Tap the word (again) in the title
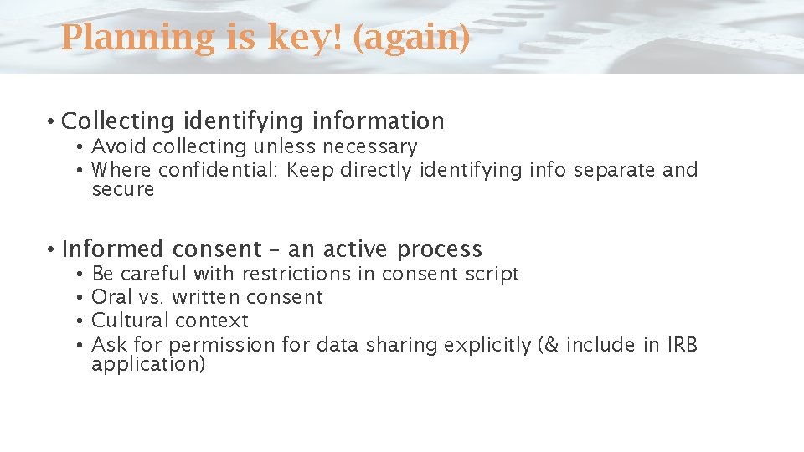pyautogui.click(x=411, y=38)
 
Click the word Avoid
pyautogui.click(x=112, y=147)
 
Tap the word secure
pyautogui.click(x=123, y=189)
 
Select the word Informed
pyautogui.click(x=112, y=249)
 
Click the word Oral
pyautogui.click(x=110, y=297)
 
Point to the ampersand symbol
pyautogui.click(x=552, y=345)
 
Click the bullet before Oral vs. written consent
pyautogui.click(x=77, y=297)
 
